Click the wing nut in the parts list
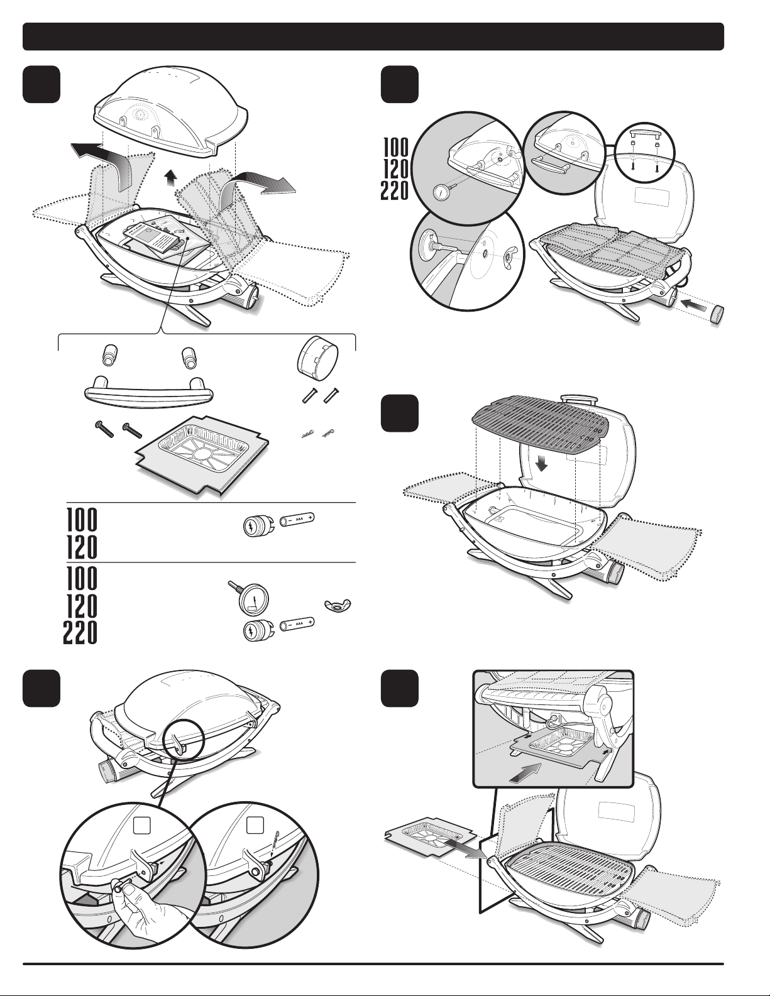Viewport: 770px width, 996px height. tap(336, 606)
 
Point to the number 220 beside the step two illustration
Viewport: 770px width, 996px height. tap(395, 190)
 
